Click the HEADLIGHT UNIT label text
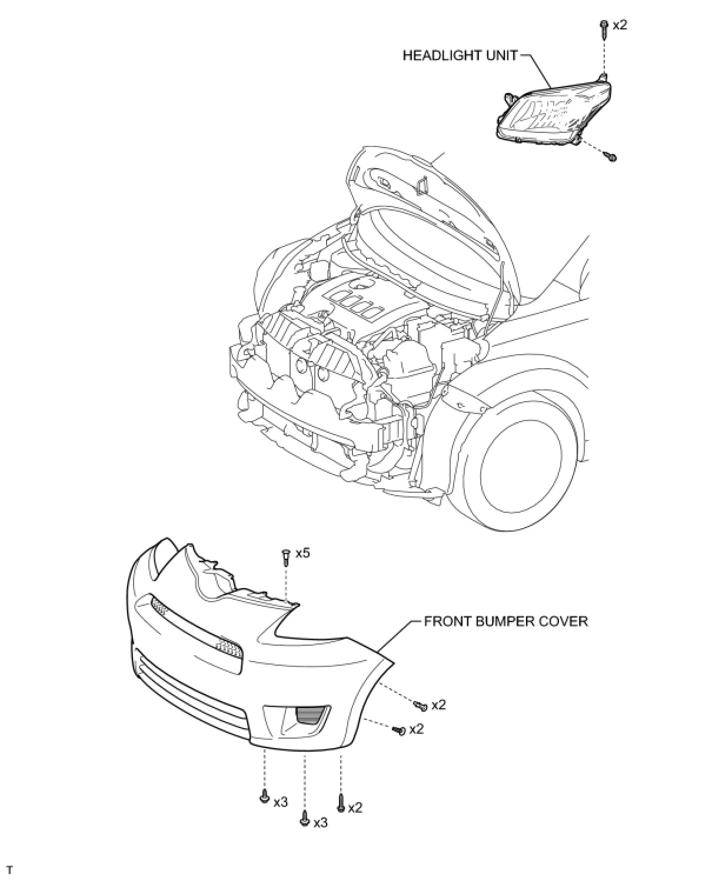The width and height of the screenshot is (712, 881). [460, 56]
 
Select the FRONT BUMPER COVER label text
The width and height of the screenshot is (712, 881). [506, 622]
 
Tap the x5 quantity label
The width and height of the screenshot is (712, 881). [302, 553]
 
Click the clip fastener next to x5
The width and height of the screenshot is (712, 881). [286, 556]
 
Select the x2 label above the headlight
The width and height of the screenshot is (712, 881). [620, 25]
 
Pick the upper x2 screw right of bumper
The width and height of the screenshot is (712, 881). [421, 704]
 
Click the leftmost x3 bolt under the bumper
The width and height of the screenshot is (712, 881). [264, 798]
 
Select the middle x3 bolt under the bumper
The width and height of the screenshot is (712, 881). [304, 819]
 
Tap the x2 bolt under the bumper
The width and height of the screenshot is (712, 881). [341, 803]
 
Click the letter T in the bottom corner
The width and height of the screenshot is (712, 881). [10, 869]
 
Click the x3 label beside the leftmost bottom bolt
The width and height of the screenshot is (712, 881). [281, 802]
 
